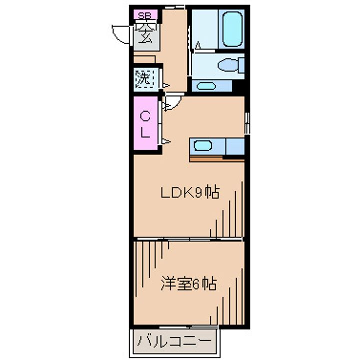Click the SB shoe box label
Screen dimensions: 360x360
pos(144,15)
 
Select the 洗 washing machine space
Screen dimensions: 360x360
pos(143,78)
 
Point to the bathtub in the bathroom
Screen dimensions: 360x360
pos(232,29)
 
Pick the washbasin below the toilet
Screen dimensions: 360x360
pos(205,86)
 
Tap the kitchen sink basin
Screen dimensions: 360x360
pos(202,146)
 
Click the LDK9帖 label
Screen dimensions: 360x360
pos(189,193)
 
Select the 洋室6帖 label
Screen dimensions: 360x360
pos(188,284)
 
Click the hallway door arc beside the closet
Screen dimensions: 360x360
pos(172,103)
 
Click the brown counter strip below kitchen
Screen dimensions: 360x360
pos(217,159)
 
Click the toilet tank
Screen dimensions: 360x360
pos(242,65)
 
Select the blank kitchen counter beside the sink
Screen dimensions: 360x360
pos(234,146)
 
